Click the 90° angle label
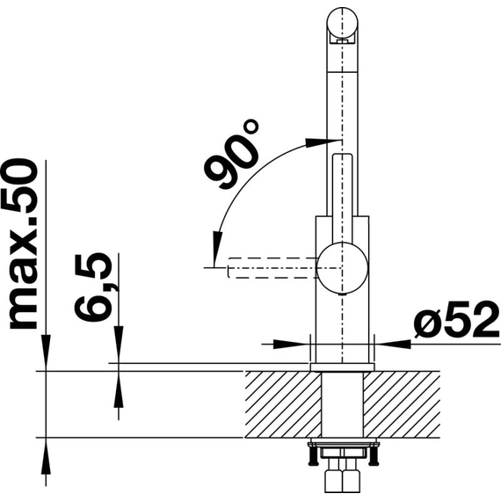230,155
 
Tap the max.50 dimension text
22,243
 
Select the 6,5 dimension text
92,287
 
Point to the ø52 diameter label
456,320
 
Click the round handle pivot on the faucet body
342,268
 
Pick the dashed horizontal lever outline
272,268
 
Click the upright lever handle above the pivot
342,199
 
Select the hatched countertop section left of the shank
283,404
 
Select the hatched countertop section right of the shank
402,404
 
